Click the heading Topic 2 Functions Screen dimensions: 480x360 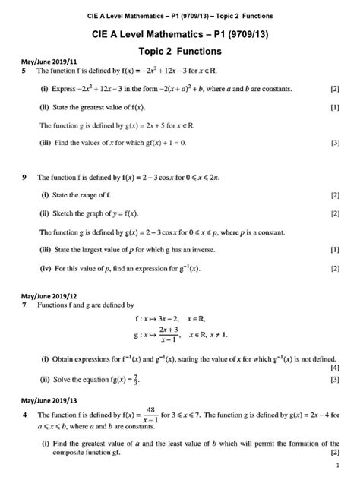coord(179,52)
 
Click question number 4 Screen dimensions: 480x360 coord(26,416)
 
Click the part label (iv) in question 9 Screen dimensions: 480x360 coord(45,268)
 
